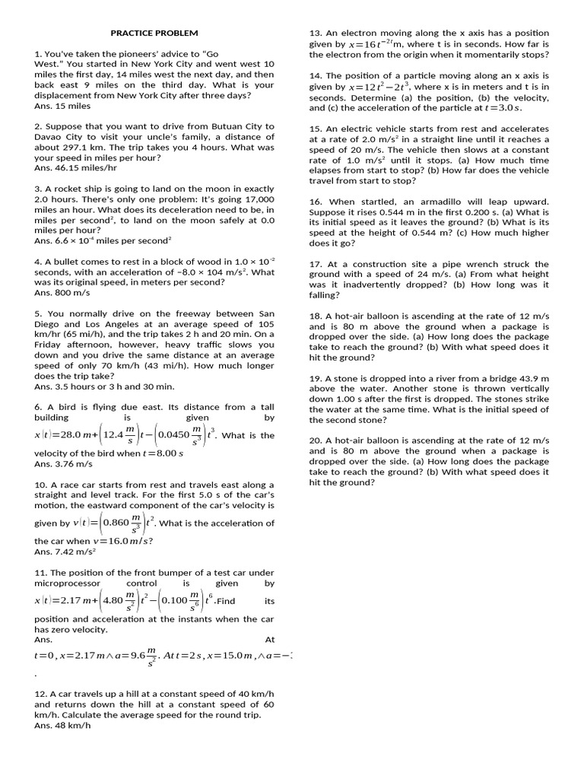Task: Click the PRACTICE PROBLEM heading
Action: point(154,33)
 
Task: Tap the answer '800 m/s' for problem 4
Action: point(71,292)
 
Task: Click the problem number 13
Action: point(315,33)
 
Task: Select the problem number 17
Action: point(315,264)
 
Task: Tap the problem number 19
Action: point(315,378)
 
